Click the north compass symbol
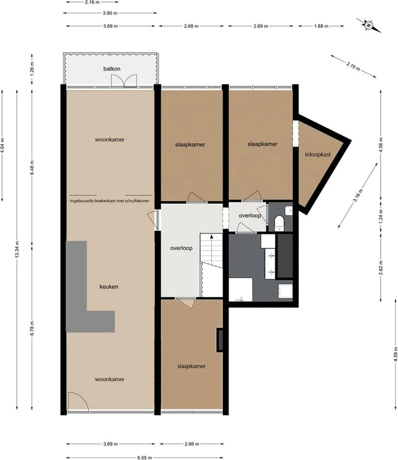[368, 25]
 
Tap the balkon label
[111, 69]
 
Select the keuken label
[109, 286]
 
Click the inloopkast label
[318, 154]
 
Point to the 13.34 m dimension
[17, 249]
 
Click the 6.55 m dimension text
[144, 457]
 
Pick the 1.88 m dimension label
[321, 26]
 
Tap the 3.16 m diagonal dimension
[358, 195]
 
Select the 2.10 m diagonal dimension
[353, 66]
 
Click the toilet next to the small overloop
[279, 223]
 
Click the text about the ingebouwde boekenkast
[109, 201]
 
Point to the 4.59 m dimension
[395, 354]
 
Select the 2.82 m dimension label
[381, 267]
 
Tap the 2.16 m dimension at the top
[92, 2]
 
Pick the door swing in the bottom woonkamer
[78, 401]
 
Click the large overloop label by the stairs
[181, 248]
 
